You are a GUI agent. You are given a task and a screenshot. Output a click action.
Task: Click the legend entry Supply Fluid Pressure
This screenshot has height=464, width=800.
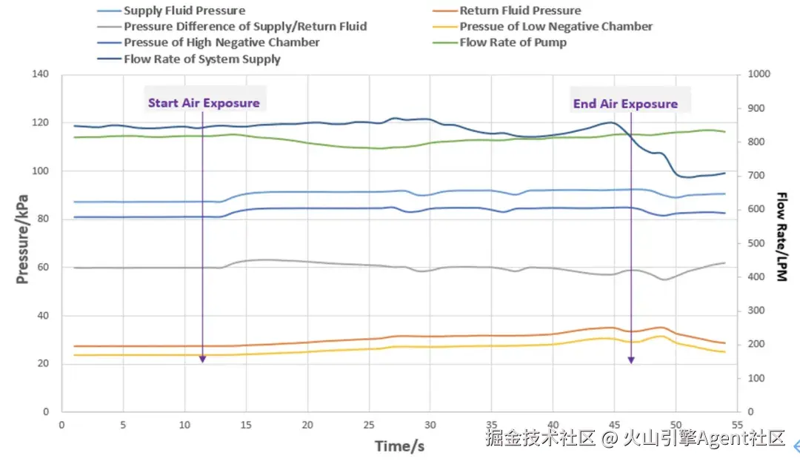click(x=184, y=10)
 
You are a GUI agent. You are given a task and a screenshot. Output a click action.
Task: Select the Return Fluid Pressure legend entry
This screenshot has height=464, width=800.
click(x=520, y=10)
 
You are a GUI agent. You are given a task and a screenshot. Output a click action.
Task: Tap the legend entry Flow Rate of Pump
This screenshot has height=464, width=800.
click(x=513, y=42)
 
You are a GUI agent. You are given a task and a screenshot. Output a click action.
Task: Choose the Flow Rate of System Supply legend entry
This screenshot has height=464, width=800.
click(x=201, y=59)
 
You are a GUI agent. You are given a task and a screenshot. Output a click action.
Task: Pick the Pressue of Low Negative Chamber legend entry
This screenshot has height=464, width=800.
click(x=556, y=27)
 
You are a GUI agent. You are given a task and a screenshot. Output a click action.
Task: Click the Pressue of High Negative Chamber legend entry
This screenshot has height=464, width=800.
click(x=221, y=42)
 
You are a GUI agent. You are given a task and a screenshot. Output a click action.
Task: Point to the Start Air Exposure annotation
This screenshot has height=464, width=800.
click(x=204, y=103)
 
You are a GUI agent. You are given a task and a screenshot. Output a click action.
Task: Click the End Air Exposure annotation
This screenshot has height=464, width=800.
click(x=625, y=104)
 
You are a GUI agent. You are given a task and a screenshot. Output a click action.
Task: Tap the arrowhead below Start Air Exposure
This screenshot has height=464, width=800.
click(x=202, y=359)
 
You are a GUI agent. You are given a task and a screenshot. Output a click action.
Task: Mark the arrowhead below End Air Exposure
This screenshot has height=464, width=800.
click(x=631, y=359)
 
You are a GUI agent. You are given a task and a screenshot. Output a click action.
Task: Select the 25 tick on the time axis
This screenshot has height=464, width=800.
click(x=368, y=426)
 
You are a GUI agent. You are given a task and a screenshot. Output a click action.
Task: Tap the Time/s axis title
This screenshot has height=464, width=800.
click(x=399, y=446)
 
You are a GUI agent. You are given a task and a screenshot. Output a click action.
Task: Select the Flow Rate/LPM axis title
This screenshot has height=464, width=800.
click(x=781, y=237)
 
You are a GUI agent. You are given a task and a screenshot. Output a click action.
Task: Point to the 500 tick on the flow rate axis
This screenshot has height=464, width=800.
click(x=756, y=243)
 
